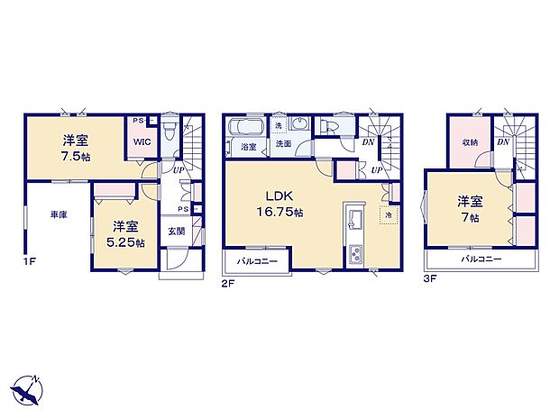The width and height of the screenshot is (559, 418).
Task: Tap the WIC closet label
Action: (142, 142)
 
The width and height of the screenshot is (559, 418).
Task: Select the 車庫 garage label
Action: (59, 214)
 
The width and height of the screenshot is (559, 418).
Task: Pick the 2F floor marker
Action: (229, 281)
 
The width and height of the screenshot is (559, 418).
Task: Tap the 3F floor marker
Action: (431, 279)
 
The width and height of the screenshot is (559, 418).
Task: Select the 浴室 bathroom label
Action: (248, 145)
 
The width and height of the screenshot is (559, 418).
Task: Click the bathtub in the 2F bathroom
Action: (247, 127)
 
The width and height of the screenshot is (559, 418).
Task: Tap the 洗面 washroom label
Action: (283, 144)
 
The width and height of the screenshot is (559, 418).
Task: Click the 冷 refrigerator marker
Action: (389, 217)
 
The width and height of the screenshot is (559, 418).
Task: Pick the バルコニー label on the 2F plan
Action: (257, 263)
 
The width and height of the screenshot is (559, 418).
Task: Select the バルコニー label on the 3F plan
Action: (481, 259)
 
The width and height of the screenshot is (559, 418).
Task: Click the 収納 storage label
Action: (470, 142)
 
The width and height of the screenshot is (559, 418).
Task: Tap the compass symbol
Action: (27, 388)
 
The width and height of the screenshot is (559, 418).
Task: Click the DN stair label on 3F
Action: (503, 142)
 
